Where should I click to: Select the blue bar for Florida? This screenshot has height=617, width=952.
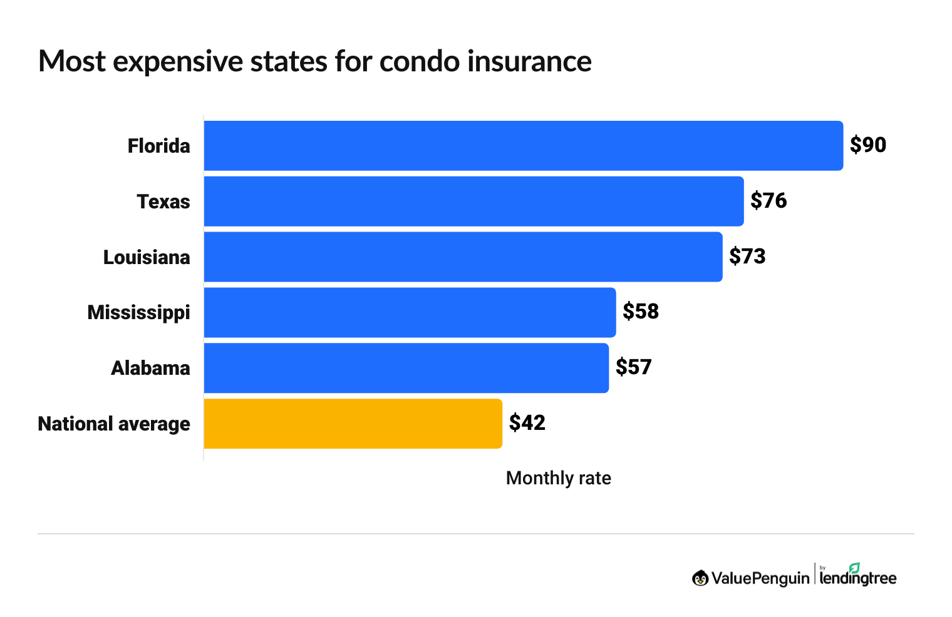tap(523, 145)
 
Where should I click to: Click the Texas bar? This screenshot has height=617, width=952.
tap(473, 201)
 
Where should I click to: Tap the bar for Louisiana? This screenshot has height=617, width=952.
tap(463, 257)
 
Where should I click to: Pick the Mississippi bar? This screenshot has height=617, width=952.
tap(410, 312)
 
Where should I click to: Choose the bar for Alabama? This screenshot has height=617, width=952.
tap(406, 368)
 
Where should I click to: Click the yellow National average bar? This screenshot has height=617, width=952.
tap(353, 424)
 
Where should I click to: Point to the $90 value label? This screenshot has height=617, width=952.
tap(867, 145)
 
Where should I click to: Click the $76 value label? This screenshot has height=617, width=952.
tap(768, 201)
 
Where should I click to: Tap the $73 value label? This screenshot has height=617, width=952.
tap(747, 257)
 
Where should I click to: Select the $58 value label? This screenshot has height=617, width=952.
tap(640, 312)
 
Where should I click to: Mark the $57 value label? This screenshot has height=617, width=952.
tap(633, 367)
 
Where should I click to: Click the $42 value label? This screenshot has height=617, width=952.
tap(527, 423)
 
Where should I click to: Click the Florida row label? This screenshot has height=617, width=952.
tap(158, 146)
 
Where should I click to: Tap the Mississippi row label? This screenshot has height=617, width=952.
tap(138, 312)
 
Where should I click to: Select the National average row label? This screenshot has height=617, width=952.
tap(114, 424)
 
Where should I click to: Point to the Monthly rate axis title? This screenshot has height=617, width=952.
tap(558, 478)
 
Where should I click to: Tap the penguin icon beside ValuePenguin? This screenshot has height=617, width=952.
tap(700, 578)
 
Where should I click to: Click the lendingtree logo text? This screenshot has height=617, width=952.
tap(858, 577)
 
